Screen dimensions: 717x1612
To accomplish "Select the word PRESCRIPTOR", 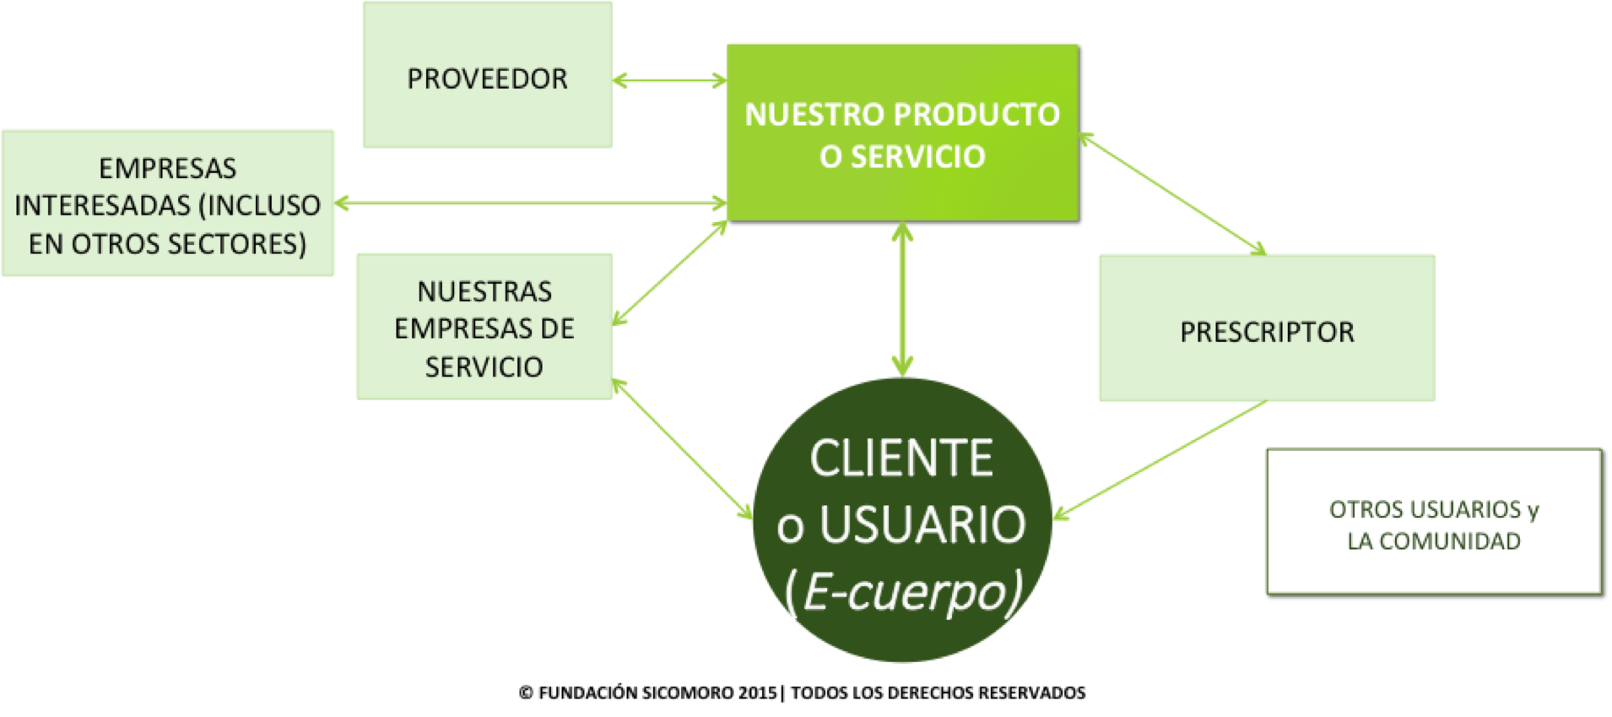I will coord(1267,332).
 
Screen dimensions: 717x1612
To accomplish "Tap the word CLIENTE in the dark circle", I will coord(901,459).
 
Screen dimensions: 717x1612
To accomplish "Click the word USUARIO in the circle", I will coord(922,524).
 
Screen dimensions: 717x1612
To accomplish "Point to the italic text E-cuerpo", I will coord(905,591).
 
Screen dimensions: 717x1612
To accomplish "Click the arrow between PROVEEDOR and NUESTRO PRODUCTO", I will coord(669,81).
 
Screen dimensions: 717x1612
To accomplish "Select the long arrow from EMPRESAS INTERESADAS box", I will coord(530,203).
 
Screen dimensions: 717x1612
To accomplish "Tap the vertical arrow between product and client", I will coord(902,300).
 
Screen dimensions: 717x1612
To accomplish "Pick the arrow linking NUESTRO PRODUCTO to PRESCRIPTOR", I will coord(1173,194).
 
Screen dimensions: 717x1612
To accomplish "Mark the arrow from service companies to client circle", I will coord(682,449).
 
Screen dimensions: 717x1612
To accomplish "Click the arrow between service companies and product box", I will coord(669,273).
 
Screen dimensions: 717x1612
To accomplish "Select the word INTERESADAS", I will coord(102,205).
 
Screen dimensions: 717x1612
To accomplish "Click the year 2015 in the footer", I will coord(757,693).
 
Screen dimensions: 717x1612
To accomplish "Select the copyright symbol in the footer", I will coord(526,693).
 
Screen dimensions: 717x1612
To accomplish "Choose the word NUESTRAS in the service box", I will coord(484,291).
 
